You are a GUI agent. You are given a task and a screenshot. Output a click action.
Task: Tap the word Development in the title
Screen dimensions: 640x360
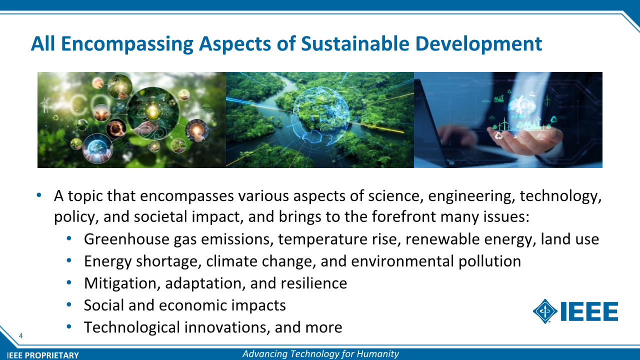(478, 44)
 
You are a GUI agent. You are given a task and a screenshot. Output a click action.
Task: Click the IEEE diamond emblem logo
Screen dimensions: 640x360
(545, 311)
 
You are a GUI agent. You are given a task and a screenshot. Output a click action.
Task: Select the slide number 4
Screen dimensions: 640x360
(20, 335)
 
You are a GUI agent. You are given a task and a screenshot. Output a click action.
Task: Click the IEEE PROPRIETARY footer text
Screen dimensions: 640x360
(43, 355)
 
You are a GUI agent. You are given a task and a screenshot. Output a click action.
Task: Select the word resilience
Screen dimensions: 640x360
(313, 283)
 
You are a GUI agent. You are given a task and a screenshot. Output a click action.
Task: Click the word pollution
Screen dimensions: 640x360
(489, 261)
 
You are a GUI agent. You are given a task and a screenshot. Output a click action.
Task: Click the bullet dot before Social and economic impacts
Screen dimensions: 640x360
(69, 305)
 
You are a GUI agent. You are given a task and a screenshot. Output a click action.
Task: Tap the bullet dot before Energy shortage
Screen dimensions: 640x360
(69, 260)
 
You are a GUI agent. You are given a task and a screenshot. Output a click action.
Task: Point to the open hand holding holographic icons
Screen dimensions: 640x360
(525, 138)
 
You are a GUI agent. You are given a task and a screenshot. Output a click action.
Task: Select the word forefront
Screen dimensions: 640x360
(403, 216)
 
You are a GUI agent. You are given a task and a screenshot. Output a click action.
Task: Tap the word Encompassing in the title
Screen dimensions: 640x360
(127, 44)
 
